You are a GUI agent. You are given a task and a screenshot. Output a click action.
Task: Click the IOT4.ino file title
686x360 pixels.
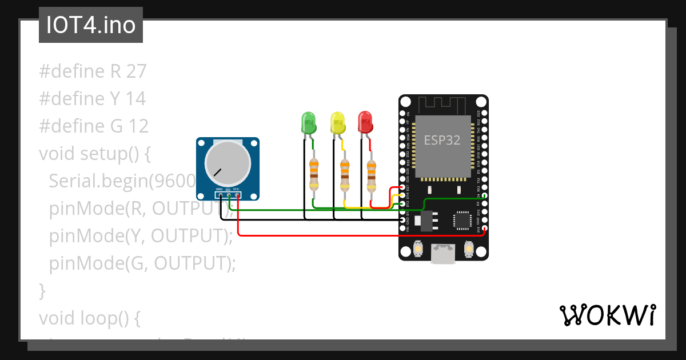tap(90, 26)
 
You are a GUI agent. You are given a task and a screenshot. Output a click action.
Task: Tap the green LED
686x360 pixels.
tap(309, 122)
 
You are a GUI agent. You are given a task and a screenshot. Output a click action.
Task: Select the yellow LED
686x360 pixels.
tap(338, 122)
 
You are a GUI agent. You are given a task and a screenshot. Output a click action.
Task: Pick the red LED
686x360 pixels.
tap(365, 121)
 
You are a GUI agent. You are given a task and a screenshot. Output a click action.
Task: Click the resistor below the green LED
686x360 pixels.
tap(314, 174)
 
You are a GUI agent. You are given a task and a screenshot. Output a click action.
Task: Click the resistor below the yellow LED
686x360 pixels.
tap(344, 174)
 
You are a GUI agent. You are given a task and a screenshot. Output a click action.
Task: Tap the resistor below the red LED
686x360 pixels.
tap(372, 174)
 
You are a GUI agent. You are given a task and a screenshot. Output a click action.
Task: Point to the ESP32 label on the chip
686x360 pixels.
tap(442, 140)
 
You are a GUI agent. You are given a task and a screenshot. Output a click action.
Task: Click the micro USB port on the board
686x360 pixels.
tap(443, 254)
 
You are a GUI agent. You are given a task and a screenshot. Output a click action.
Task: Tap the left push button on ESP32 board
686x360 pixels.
tap(418, 250)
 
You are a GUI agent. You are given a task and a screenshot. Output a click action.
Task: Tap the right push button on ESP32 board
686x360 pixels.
tap(469, 250)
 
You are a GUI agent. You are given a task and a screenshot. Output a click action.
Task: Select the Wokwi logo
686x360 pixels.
tap(607, 315)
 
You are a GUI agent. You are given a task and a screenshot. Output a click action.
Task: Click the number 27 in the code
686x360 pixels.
tap(137, 71)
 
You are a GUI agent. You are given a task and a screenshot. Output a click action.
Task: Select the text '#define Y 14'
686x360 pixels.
tap(92, 99)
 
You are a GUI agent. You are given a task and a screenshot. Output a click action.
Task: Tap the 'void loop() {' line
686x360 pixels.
tap(89, 318)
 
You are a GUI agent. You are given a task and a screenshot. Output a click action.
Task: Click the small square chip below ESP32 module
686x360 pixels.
tap(462, 220)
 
